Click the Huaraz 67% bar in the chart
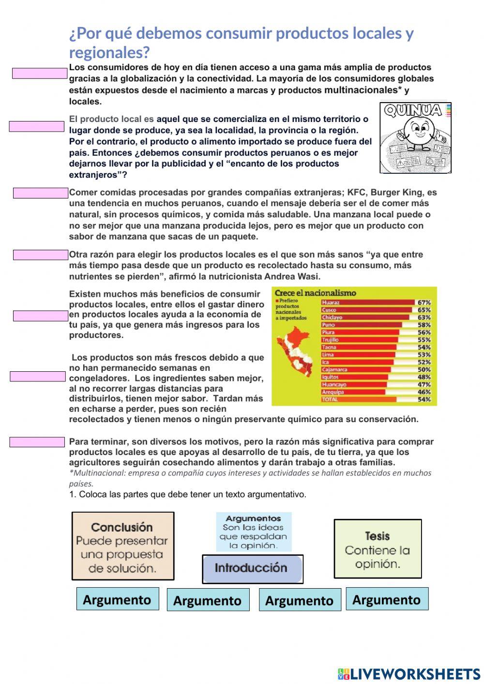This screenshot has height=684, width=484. (x=368, y=303)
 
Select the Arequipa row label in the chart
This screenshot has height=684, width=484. (x=333, y=392)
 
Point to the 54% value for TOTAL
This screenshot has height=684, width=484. (x=424, y=400)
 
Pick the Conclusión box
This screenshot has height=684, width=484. (x=122, y=546)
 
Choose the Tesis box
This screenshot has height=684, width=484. (x=378, y=548)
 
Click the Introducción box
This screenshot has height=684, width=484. (x=252, y=568)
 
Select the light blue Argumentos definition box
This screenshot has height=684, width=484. (x=253, y=532)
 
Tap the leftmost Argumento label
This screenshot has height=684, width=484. (x=117, y=599)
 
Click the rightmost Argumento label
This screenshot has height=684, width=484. (x=387, y=599)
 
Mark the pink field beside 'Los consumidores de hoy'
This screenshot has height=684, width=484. (x=39, y=73)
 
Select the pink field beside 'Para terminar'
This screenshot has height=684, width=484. (x=37, y=442)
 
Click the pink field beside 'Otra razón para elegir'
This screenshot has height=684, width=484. (x=40, y=255)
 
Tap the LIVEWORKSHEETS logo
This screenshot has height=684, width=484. (x=408, y=673)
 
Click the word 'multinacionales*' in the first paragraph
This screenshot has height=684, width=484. (x=363, y=90)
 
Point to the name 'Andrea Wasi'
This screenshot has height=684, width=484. (x=292, y=277)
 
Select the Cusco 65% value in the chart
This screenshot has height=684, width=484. (x=424, y=310)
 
